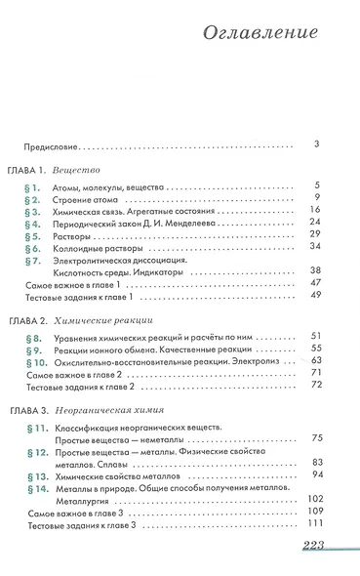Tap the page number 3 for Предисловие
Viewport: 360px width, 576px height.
tap(318, 145)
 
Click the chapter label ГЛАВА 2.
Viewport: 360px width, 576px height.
tap(33, 321)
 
